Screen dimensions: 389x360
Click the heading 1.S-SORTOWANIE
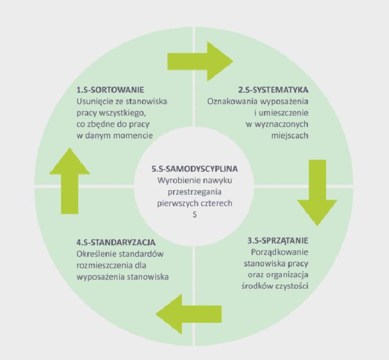click(110, 90)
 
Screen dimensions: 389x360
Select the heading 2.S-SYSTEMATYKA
click(274, 90)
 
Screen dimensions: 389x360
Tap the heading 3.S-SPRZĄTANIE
click(278, 241)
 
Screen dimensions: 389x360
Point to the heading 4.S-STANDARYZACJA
click(116, 242)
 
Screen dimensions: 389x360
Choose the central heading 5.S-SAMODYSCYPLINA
click(195, 169)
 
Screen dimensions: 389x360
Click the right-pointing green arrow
click(201, 61)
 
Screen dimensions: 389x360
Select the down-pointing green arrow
click(317, 193)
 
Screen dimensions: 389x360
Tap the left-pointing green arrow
click(188, 314)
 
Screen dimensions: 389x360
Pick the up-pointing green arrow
click(70, 181)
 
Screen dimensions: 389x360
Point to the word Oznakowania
click(232, 102)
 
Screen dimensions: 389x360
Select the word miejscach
click(290, 136)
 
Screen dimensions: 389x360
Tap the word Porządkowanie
click(280, 252)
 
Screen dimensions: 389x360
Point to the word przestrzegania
click(195, 192)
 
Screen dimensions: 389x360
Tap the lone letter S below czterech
click(195, 214)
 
